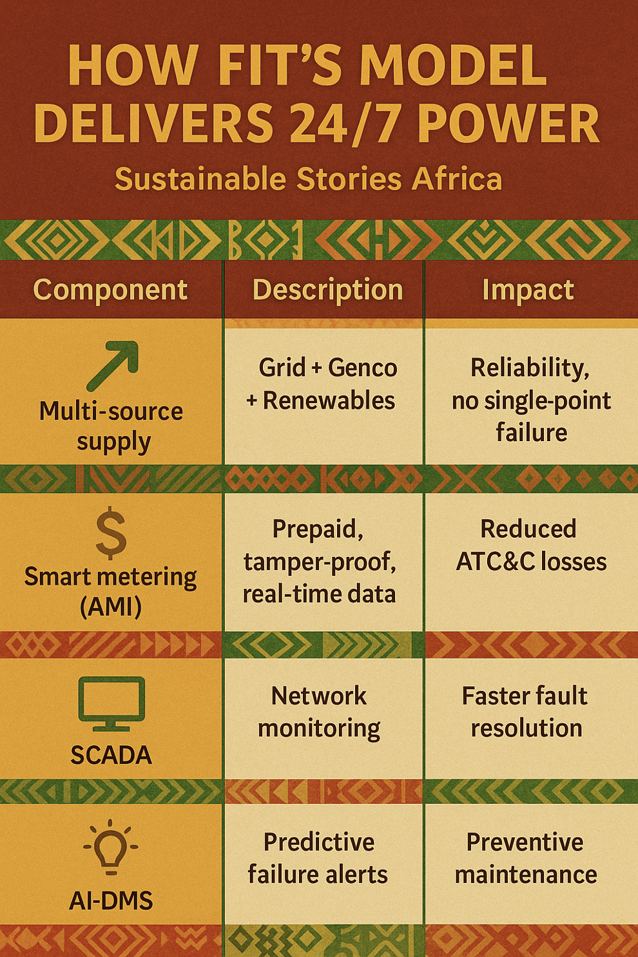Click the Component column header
tap(110, 290)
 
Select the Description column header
tap(327, 290)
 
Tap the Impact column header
tap(528, 290)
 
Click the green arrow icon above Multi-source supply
tap(113, 366)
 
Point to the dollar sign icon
tap(111, 533)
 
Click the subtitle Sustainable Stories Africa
tap(308, 179)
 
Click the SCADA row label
tap(111, 755)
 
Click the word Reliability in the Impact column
tap(530, 368)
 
